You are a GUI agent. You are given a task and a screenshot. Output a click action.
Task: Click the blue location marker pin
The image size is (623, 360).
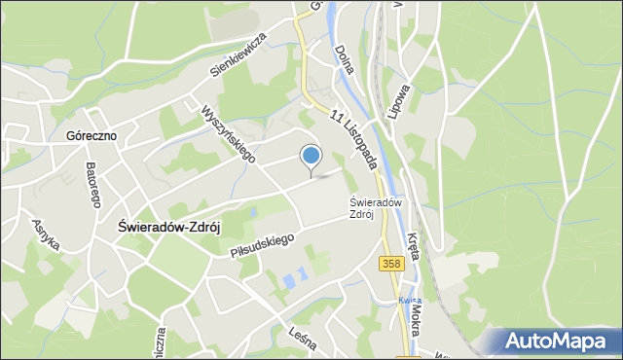[x=311, y=156]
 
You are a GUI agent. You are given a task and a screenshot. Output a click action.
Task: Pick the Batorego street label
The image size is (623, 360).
[x=93, y=182]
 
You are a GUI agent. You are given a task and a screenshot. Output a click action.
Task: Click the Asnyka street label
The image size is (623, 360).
[x=46, y=234]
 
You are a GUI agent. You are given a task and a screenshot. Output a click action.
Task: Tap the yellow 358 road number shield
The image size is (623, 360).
[x=392, y=264]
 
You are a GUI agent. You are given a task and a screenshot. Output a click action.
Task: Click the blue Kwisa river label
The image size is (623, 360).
[x=410, y=301]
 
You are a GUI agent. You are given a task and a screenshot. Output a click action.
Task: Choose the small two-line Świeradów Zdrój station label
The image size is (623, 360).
[x=361, y=208]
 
